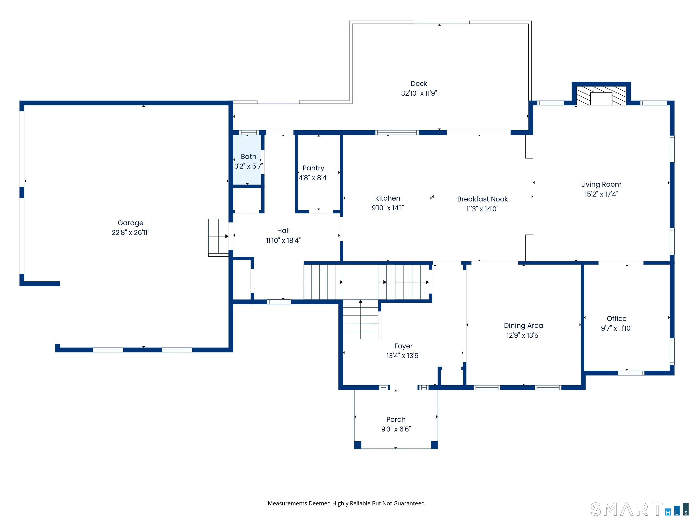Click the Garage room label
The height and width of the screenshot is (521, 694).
coord(131,223)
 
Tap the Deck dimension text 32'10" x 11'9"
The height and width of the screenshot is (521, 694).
coord(419,93)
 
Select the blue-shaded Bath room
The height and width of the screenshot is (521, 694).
coord(247,160)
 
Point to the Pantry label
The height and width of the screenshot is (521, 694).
coord(313,168)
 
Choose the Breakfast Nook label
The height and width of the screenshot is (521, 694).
coord(482,199)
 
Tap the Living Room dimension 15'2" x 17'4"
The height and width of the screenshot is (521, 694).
coord(601,194)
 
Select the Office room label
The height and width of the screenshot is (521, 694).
coord(617,318)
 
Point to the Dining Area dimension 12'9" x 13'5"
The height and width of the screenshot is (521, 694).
coord(523,335)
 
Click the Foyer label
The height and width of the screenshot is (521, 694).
coord(403,346)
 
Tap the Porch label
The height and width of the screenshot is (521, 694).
coord(396,419)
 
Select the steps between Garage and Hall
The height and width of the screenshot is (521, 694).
coord(218,237)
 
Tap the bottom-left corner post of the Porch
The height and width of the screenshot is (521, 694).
coord(358,445)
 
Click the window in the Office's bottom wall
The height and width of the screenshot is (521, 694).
coord(631,373)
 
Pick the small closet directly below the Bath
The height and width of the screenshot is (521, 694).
coord(247,199)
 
